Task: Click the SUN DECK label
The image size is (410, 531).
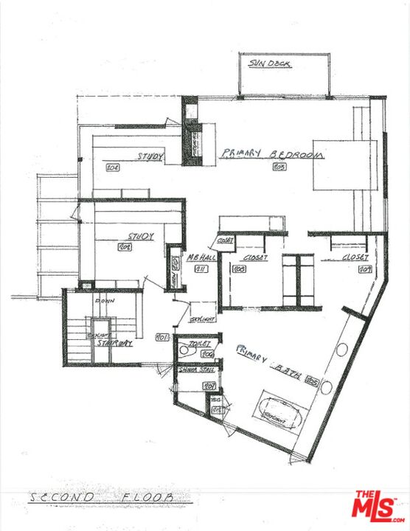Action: click(270, 64)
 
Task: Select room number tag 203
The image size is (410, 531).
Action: click(279, 167)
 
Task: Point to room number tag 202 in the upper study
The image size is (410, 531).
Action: click(113, 167)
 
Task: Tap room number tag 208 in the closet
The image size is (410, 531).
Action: click(240, 270)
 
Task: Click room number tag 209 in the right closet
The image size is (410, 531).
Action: click(364, 270)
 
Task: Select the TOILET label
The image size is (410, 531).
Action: click(200, 344)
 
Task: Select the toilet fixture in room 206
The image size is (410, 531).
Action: click(184, 353)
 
